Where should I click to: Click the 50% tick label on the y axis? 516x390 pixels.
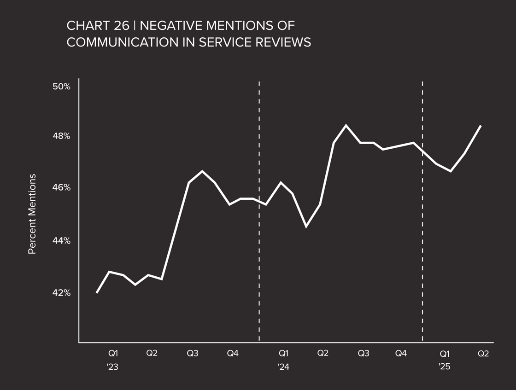pyautogui.click(x=61, y=87)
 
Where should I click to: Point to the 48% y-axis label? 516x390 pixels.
pyautogui.click(x=61, y=136)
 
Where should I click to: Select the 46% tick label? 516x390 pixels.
pyautogui.click(x=61, y=188)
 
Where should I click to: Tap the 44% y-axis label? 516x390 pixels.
pyautogui.click(x=61, y=241)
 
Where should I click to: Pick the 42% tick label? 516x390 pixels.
pyautogui.click(x=61, y=293)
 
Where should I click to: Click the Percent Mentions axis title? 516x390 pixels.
pyautogui.click(x=32, y=214)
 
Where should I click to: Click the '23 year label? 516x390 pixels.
pyautogui.click(x=113, y=367)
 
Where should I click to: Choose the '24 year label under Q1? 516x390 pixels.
pyautogui.click(x=283, y=367)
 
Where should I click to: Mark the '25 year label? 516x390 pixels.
pyautogui.click(x=444, y=367)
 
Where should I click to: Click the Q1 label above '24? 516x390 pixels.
pyautogui.click(x=284, y=354)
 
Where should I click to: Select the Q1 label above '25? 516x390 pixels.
pyautogui.click(x=445, y=354)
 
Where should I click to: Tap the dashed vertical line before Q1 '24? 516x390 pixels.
pyautogui.click(x=259, y=212)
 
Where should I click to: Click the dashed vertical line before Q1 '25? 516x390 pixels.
pyautogui.click(x=422, y=212)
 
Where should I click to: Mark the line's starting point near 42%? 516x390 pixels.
pyautogui.click(x=97, y=292)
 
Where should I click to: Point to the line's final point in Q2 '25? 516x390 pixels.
pyautogui.click(x=481, y=126)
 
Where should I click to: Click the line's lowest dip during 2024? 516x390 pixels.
pyautogui.click(x=306, y=226)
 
